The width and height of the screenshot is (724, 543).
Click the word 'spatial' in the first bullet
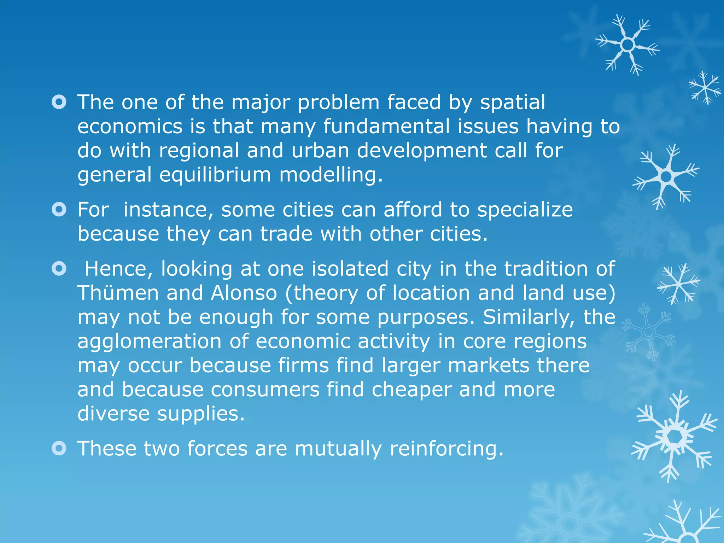513,103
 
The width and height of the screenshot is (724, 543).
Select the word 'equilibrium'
215,175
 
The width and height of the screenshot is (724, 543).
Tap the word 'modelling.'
331,175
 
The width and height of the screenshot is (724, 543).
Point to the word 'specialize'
525,210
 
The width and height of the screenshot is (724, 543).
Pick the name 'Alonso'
244,293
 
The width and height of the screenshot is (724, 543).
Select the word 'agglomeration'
149,342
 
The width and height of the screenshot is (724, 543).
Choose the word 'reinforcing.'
446,449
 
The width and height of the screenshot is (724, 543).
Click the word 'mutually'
338,449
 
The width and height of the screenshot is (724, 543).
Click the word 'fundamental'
387,127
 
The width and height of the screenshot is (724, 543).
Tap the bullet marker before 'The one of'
59,103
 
